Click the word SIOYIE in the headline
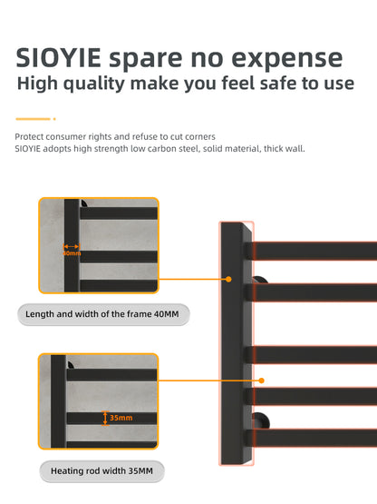click(x=59, y=58)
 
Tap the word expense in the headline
click(x=291, y=60)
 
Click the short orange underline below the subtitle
click(x=34, y=119)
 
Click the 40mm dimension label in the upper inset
click(x=71, y=252)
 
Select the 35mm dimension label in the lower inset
click(x=119, y=418)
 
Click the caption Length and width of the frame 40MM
click(x=103, y=315)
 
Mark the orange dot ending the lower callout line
click(x=262, y=380)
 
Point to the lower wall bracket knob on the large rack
click(x=260, y=421)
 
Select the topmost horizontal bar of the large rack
click(x=313, y=248)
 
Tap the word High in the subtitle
click(x=41, y=85)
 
